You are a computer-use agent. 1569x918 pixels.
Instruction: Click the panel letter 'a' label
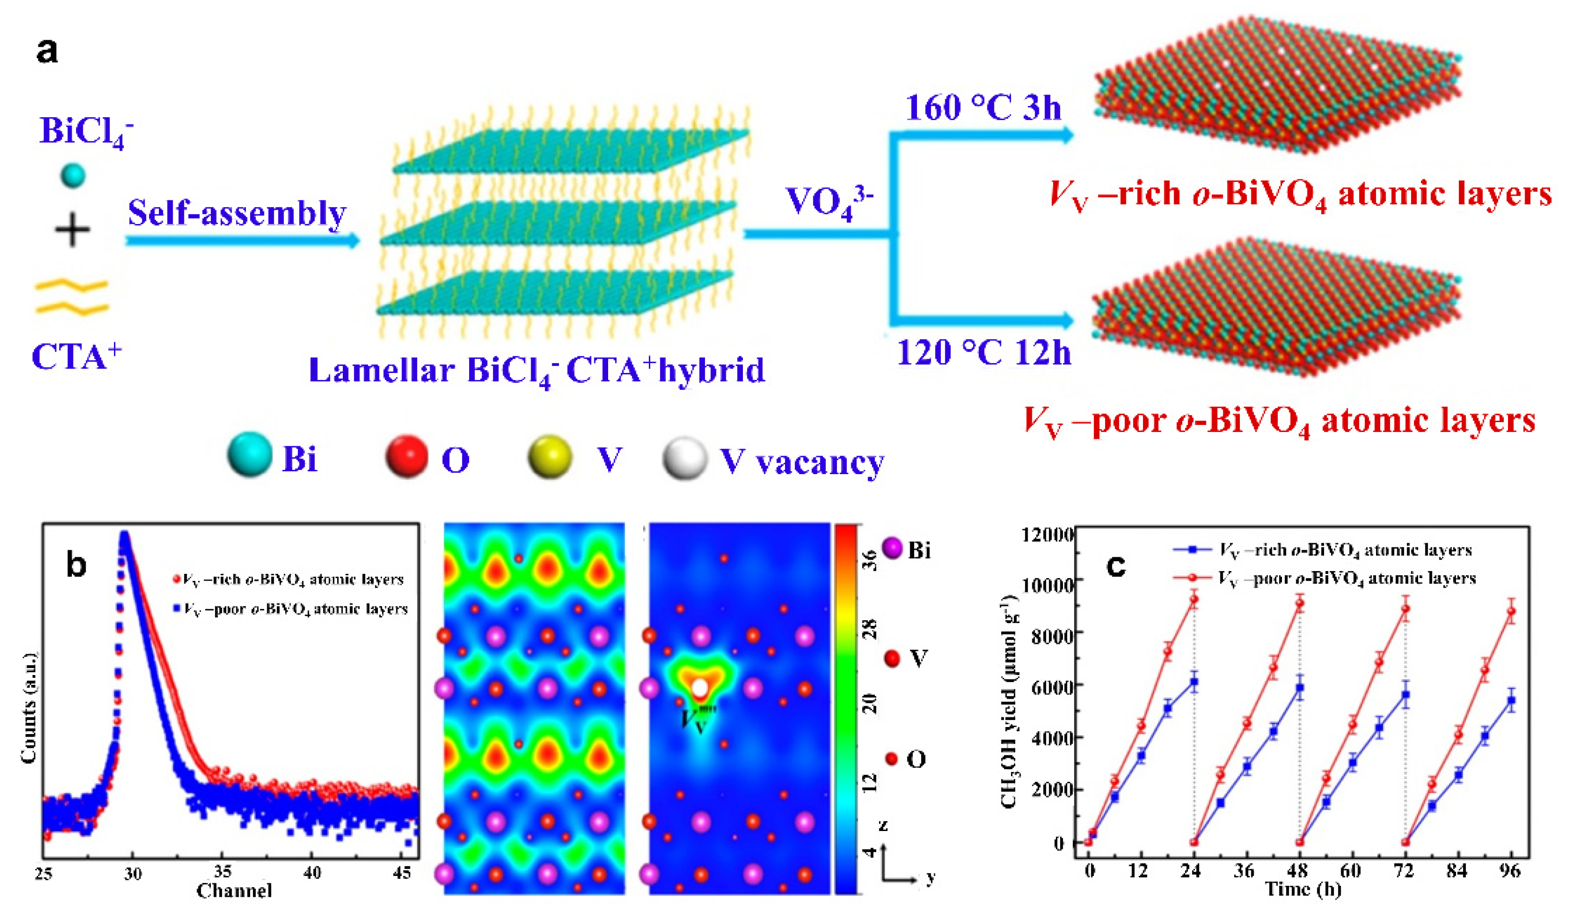47,51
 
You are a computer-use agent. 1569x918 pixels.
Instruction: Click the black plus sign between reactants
72,230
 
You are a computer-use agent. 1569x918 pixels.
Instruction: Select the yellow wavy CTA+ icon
71,296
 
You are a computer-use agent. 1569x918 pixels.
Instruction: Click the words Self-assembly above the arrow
236,214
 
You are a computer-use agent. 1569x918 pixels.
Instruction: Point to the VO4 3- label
828,201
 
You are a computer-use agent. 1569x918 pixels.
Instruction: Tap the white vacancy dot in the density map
699,688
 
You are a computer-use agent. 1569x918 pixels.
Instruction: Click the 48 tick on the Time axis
1298,870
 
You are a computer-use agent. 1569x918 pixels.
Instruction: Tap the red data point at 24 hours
1194,600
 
